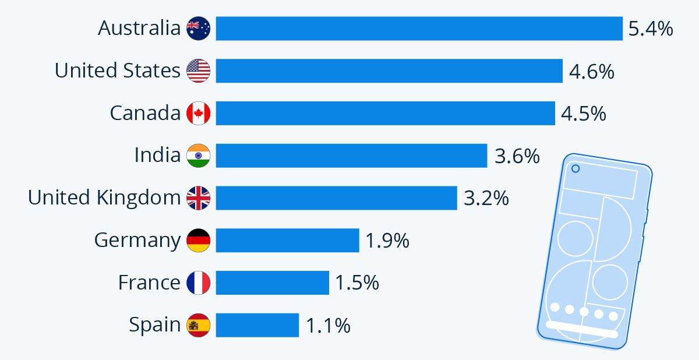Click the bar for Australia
pos(419,29)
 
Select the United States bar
pos(389,70)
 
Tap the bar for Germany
pos(287,240)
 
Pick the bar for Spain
pos(257,325)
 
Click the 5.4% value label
pos(651,29)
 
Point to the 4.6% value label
pos(591,71)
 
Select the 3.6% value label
pos(517,156)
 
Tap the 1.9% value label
pos(387,240)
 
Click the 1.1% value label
pos(328,326)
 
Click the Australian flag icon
pos(198,29)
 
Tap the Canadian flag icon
pos(198,113)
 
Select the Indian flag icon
pos(198,156)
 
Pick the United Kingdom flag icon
pos(198,198)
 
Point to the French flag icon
pos(198,283)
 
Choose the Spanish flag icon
pos(198,325)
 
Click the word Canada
pos(145,113)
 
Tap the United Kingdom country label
pos(104,198)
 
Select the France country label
pos(149,283)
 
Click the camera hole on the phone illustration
pos(576,169)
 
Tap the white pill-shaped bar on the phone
pos(582,329)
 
